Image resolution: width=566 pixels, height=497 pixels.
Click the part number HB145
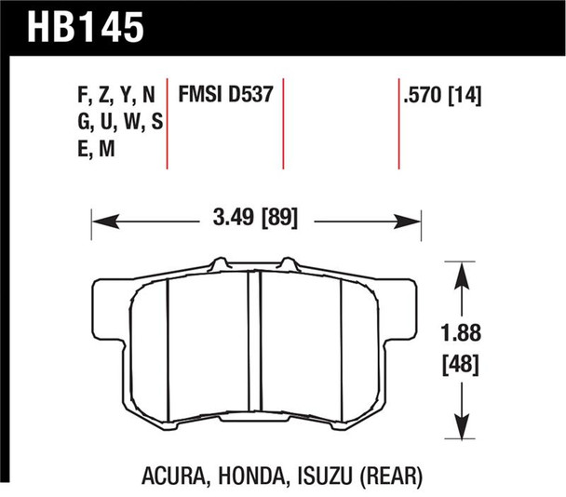point(78,26)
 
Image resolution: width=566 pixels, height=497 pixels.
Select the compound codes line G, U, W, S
point(117,121)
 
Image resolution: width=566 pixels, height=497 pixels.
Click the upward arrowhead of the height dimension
point(463,272)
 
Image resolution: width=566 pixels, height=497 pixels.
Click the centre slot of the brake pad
point(254,344)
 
